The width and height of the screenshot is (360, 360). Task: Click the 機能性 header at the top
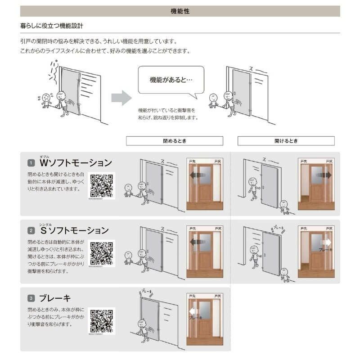(x=180, y=11)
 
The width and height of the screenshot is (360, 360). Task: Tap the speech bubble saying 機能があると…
(x=171, y=80)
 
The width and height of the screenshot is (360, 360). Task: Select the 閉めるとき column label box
(x=174, y=141)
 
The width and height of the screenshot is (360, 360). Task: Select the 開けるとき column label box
(x=286, y=141)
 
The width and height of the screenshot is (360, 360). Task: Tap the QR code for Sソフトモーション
(x=102, y=253)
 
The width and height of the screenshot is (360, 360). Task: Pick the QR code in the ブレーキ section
(x=102, y=321)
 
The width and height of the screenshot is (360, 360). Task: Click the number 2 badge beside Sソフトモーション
(x=31, y=231)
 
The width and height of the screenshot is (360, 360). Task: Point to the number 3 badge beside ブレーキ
(x=31, y=298)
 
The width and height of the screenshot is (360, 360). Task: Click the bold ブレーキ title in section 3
(x=55, y=298)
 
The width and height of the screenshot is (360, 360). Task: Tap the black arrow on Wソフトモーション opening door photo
(x=326, y=175)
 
